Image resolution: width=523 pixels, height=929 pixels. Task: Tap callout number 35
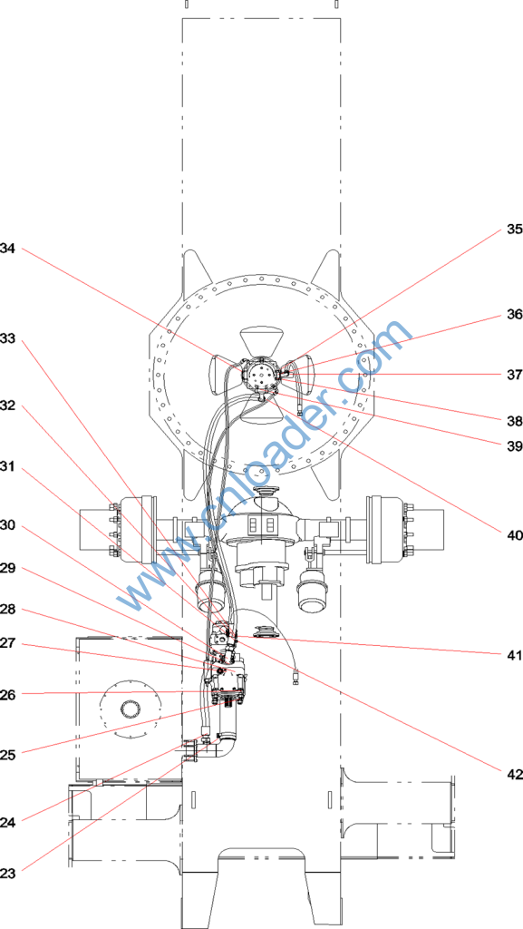click(x=515, y=230)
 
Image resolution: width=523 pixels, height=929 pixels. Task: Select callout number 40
click(x=515, y=535)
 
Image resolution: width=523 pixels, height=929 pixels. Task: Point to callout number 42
click(x=515, y=774)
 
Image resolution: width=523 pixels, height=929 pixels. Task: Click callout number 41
click(x=515, y=655)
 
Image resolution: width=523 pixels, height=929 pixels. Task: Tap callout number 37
click(x=515, y=375)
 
